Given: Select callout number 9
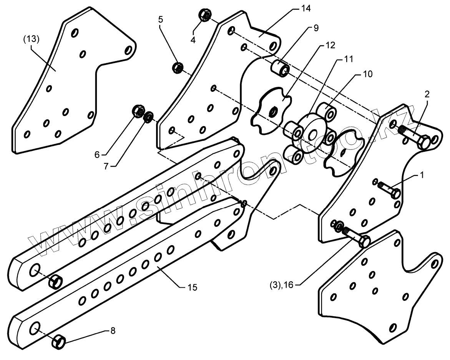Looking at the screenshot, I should click(316, 28).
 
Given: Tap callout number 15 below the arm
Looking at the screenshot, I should click(192, 287).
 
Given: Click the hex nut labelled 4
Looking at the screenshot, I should click(205, 16).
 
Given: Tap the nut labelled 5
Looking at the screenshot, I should click(178, 68).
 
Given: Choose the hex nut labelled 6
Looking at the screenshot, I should click(138, 111).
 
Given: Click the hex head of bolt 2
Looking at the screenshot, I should click(424, 143).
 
